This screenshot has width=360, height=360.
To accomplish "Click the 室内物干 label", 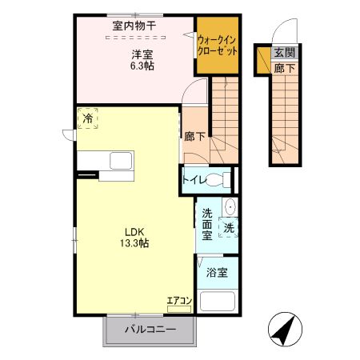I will click(x=134, y=26).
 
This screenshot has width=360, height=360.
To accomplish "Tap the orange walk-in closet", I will click(x=218, y=46).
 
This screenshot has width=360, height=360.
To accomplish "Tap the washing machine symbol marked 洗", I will click(x=229, y=227).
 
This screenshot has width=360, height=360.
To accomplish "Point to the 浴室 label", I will click(x=218, y=272).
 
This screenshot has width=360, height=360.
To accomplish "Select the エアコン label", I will click(x=178, y=301).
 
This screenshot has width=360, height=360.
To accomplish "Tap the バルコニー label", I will click(x=149, y=330).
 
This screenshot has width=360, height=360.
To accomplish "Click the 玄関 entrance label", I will click(x=283, y=54).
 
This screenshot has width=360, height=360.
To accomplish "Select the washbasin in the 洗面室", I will click(x=230, y=206).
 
